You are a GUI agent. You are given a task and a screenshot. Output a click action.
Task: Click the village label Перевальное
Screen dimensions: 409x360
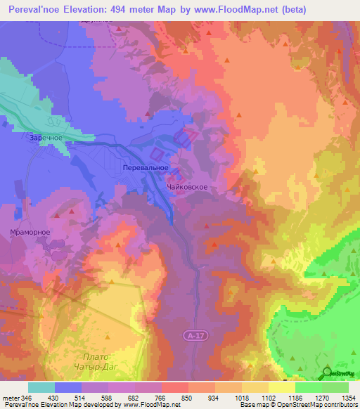(145, 168)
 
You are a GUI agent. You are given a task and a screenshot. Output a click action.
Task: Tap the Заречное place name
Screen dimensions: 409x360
(47, 138)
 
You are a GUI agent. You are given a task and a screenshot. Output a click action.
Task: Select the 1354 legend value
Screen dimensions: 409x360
(349, 398)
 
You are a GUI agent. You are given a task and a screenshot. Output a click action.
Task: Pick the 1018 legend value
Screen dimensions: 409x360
(250, 398)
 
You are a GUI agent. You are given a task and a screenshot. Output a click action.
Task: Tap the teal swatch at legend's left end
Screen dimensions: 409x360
(41, 387)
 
